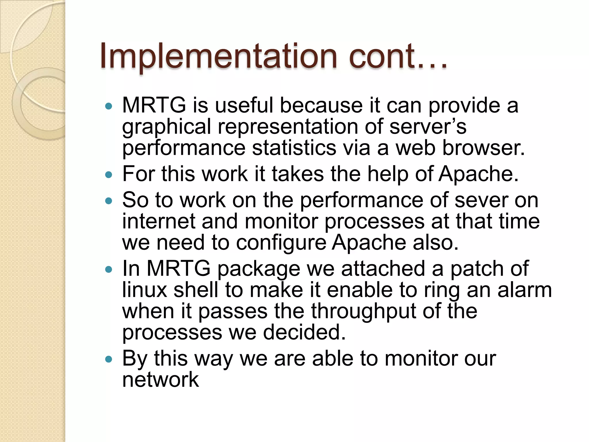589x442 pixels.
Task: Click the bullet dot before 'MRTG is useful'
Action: (108, 106)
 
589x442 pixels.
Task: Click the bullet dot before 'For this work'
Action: (108, 175)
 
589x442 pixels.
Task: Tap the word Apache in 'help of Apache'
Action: (478, 174)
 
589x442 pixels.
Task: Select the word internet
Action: (158, 221)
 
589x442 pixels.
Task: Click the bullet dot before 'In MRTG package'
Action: (108, 270)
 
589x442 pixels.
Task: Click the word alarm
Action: (525, 290)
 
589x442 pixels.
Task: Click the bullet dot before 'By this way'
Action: (108, 359)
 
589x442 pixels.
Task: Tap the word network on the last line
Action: (160, 380)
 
